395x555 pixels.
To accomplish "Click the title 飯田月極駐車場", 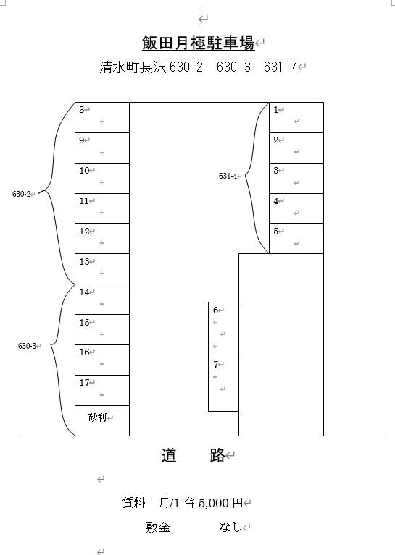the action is (x=198, y=43).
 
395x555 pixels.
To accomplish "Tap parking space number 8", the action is (x=102, y=117).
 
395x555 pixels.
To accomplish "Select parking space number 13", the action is (x=102, y=268).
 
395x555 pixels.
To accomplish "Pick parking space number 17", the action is (x=102, y=390).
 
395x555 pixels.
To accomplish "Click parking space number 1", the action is (x=296, y=117).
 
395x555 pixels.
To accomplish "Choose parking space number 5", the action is (x=296, y=238).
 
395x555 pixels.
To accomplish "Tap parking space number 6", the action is (x=223, y=329).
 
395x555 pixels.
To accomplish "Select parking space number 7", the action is (x=223, y=384).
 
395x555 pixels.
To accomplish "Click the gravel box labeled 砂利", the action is (x=102, y=420).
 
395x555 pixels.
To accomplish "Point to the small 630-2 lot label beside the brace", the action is (x=21, y=194).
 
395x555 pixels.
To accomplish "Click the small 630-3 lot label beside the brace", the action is (x=28, y=346).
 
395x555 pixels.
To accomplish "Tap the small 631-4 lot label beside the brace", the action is (x=228, y=176).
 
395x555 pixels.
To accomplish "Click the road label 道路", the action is (x=194, y=455).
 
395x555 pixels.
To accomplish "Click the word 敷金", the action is (x=158, y=528).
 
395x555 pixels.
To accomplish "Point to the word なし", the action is (x=230, y=527).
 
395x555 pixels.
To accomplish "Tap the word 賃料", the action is (x=133, y=503).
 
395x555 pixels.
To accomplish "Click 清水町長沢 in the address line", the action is (x=133, y=67).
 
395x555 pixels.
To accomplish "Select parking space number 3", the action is (x=296, y=178).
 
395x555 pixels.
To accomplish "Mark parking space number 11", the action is (x=102, y=208).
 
